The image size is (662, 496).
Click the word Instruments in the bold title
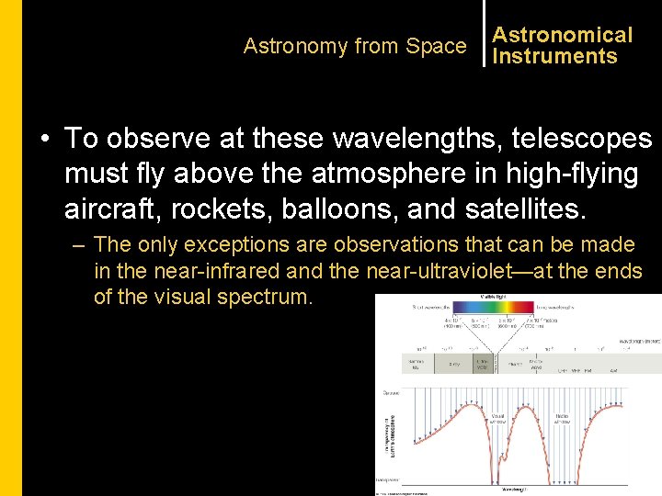pos(554,56)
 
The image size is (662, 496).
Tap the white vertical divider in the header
pos(484,33)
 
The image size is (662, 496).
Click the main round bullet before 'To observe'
pos(45,139)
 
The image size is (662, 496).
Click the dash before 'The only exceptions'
pos(80,245)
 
